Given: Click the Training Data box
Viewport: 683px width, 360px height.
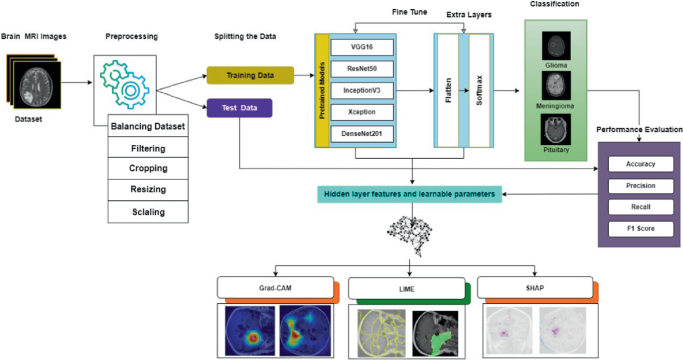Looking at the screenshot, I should (x=251, y=75).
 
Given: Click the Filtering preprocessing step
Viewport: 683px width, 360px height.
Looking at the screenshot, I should (x=148, y=148).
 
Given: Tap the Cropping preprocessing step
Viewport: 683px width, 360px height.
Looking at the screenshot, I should (x=148, y=169).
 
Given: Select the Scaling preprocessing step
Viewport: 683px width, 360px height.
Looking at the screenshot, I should (x=148, y=212).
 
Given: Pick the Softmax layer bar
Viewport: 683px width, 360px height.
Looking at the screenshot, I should (x=480, y=91).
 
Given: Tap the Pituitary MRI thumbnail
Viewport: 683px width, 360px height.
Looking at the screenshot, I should (x=557, y=129).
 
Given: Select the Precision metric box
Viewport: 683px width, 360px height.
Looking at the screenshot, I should (x=640, y=184).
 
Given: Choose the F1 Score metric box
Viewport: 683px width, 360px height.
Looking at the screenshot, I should (x=640, y=229).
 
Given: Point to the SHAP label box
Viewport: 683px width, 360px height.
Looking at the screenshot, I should (x=528, y=291).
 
